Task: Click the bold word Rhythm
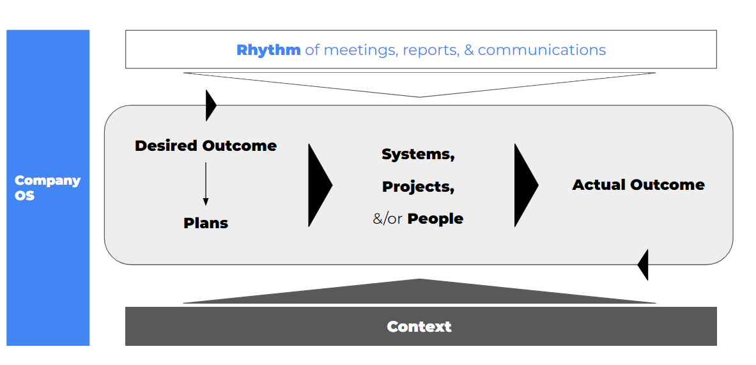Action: pyautogui.click(x=268, y=50)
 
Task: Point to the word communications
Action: pyautogui.click(x=542, y=50)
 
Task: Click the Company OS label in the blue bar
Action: pyautogui.click(x=48, y=188)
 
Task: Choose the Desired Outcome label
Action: pyautogui.click(x=206, y=146)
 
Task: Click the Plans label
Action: pyautogui.click(x=206, y=223)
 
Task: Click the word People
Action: pyautogui.click(x=435, y=219)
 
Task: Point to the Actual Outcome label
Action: pyautogui.click(x=638, y=185)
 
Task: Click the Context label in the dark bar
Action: pyautogui.click(x=419, y=327)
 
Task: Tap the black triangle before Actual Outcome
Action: pyautogui.click(x=525, y=185)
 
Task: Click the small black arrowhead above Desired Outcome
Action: pyautogui.click(x=210, y=105)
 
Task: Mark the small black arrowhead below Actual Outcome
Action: pyautogui.click(x=644, y=265)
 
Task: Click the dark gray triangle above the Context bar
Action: pyautogui.click(x=419, y=293)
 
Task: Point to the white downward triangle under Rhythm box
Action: pyautogui.click(x=419, y=83)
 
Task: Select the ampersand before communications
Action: pyautogui.click(x=469, y=50)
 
